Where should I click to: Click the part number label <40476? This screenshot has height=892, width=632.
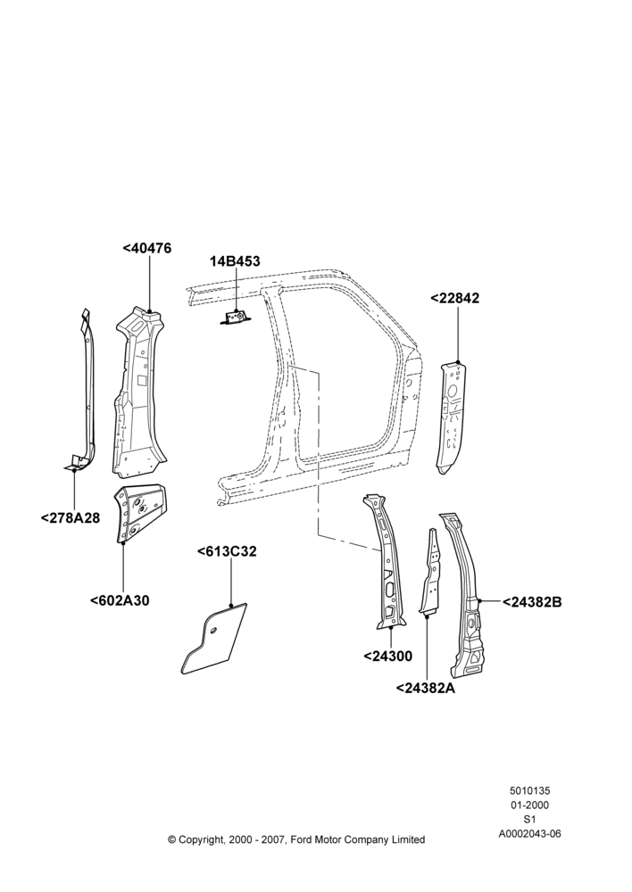pos(147,249)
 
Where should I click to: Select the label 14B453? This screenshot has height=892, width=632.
pos(235,261)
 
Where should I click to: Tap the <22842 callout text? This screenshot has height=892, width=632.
pos(454,298)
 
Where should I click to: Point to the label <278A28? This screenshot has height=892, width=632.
pos(70,517)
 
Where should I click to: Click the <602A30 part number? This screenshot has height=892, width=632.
pos(120,600)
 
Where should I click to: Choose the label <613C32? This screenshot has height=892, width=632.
pos(227,551)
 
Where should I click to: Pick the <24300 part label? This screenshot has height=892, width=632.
pos(387,656)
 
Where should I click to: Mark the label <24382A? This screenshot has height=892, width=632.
pos(426,688)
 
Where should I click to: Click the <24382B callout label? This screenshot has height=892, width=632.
pos(532,602)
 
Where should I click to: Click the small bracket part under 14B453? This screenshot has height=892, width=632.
pos(234,317)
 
